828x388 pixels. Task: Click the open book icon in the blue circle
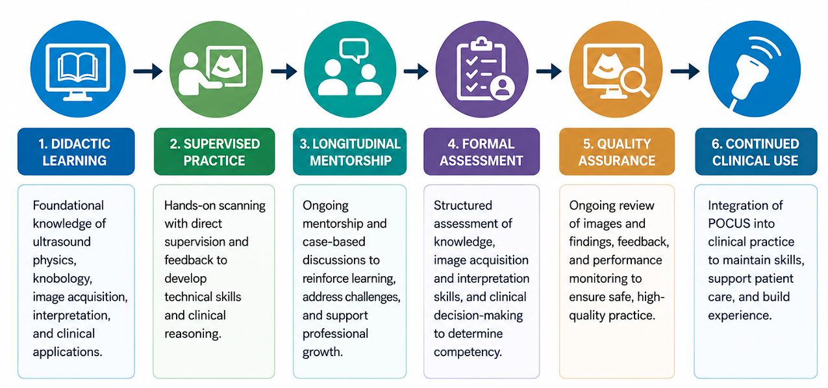(78, 67)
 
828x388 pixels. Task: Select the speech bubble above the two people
(354, 50)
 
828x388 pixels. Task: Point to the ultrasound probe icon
(753, 74)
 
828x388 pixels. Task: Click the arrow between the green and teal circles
(284, 71)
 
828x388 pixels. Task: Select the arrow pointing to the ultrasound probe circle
(685, 71)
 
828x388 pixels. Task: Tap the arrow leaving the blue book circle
(148, 71)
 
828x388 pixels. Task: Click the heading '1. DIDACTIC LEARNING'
(76, 151)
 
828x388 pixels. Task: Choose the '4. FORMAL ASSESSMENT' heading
(481, 151)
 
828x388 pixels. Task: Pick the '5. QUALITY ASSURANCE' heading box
(617, 151)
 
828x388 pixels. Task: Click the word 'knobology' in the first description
(62, 279)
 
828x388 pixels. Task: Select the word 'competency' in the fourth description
(468, 352)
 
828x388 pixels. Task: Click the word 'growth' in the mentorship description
(322, 352)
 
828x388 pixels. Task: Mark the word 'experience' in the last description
(740, 316)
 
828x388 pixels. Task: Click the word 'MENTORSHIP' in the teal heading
(351, 161)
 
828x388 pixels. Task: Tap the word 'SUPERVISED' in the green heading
(222, 144)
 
